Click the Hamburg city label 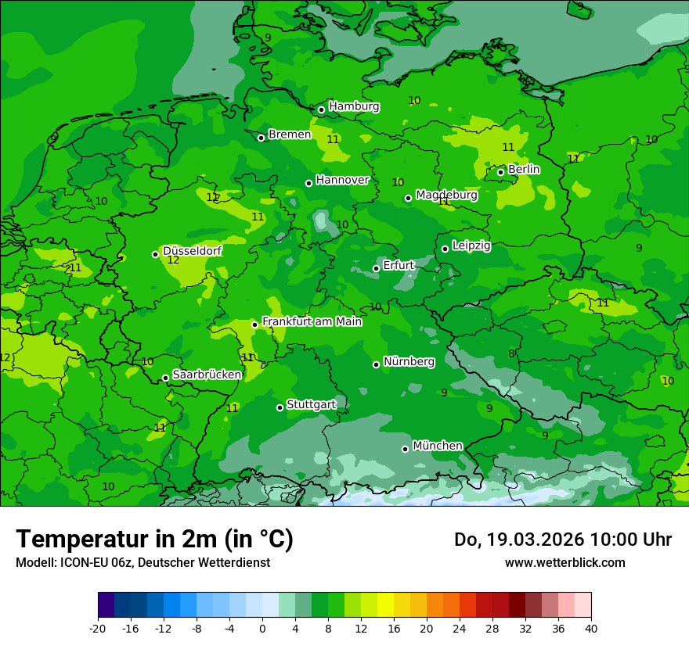[x=354, y=106]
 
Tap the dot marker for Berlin [x=501, y=173]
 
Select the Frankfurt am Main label [x=312, y=321]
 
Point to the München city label [x=437, y=446]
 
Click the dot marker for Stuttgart [x=280, y=407]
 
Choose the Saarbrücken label [x=207, y=375]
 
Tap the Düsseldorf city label [x=192, y=251]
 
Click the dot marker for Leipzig [x=445, y=249]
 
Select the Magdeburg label [x=446, y=195]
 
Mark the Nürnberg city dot [x=377, y=364]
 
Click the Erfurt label [x=399, y=265]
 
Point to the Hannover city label [x=342, y=180]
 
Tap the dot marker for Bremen [x=262, y=138]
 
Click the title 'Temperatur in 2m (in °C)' [x=155, y=540]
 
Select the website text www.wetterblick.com [x=565, y=562]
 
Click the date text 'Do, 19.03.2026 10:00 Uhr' [x=562, y=540]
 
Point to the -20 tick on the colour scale [x=98, y=628]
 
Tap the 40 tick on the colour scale [x=590, y=628]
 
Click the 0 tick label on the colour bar [x=262, y=628]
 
